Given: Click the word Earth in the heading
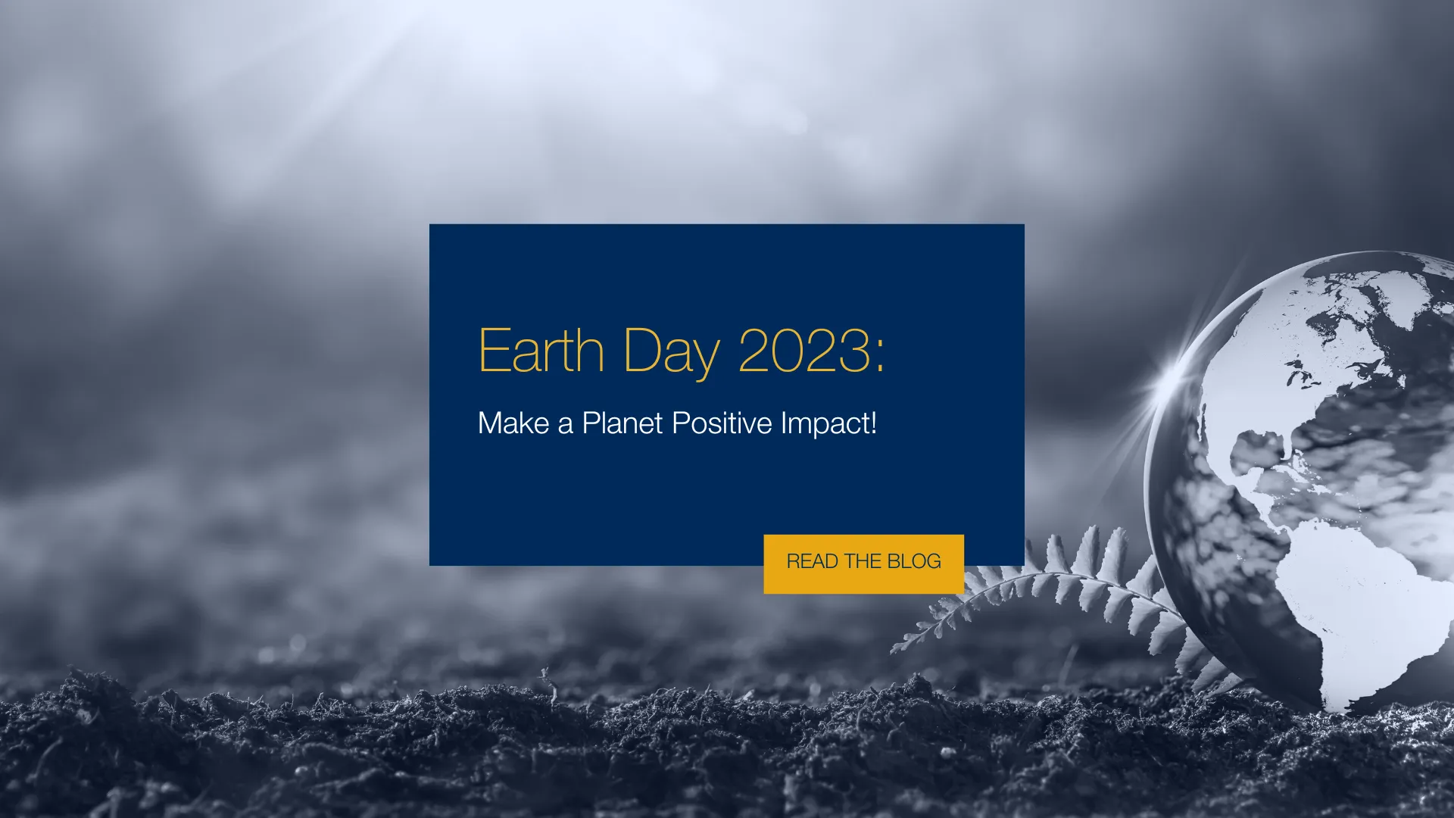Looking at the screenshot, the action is click(x=541, y=350).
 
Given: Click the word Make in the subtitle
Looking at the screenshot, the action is click(x=513, y=423).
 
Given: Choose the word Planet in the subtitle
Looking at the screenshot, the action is click(x=622, y=423).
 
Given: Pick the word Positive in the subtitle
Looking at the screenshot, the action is click(x=722, y=423).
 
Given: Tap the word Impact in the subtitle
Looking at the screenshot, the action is click(x=825, y=424).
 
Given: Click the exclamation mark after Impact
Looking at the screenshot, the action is click(x=873, y=423).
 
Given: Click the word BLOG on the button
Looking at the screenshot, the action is click(x=914, y=561).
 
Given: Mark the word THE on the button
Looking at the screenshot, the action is click(x=863, y=561).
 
